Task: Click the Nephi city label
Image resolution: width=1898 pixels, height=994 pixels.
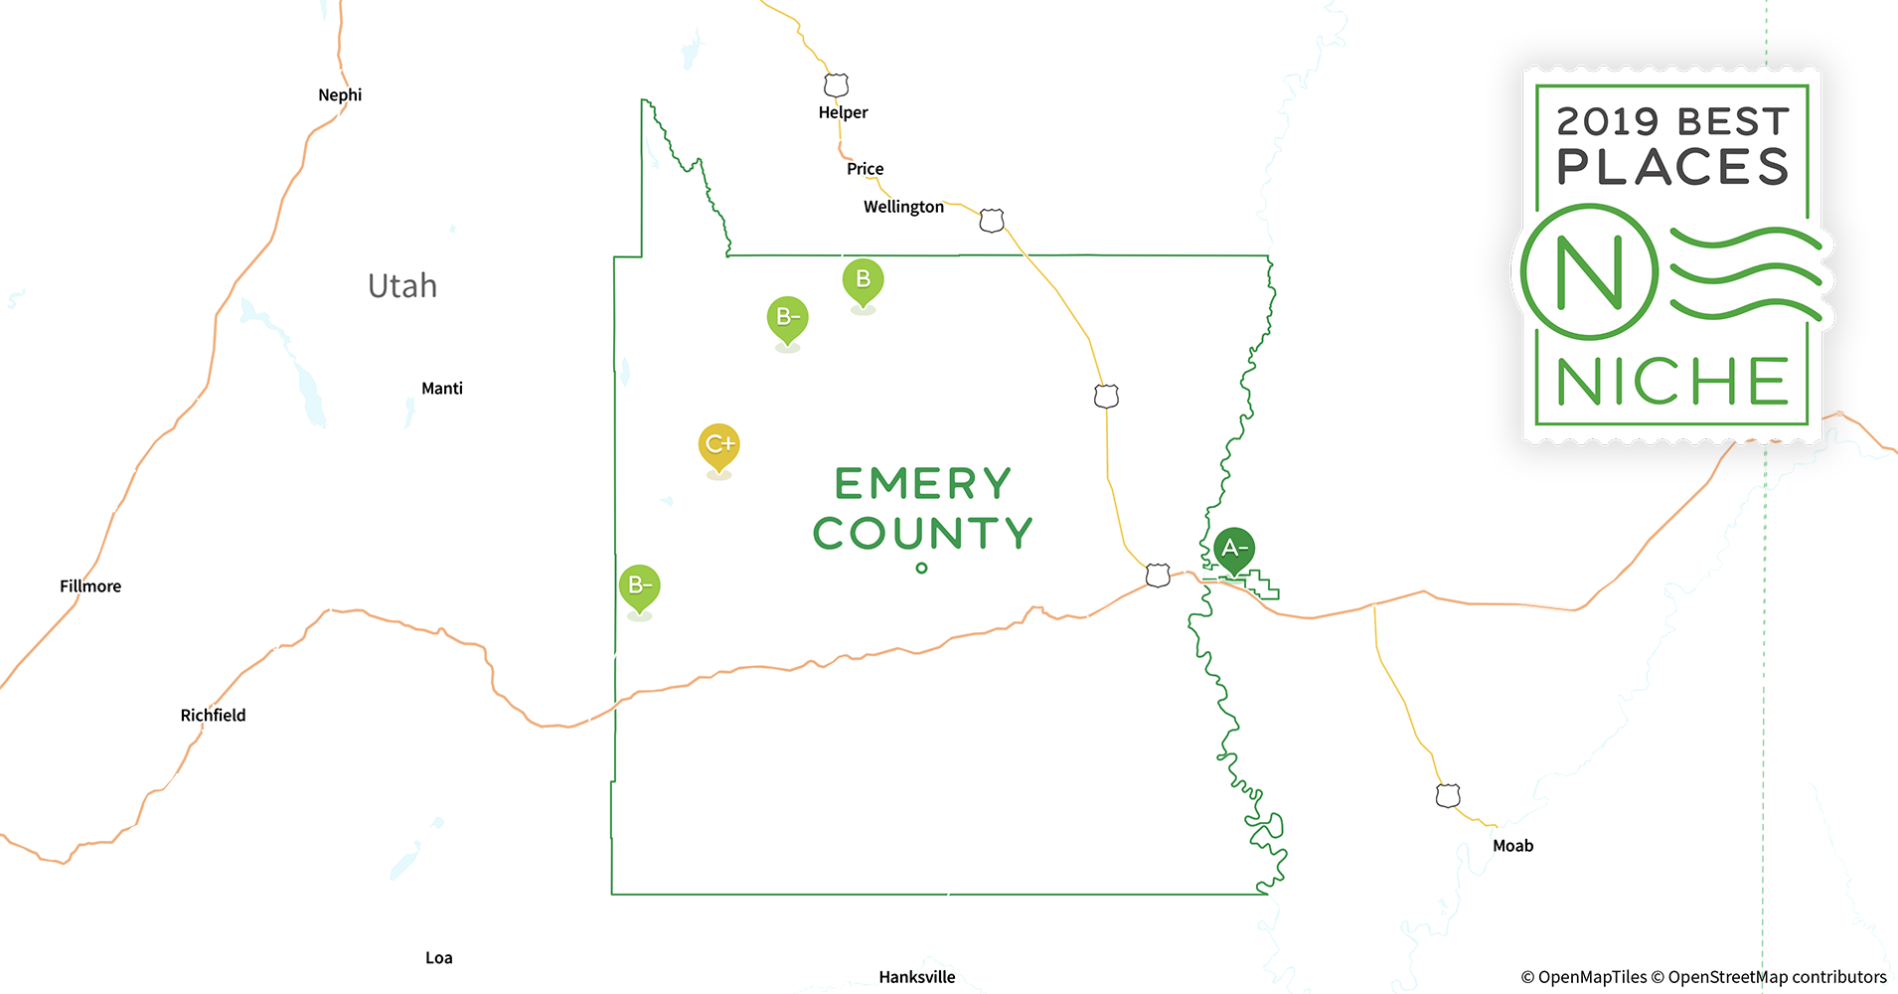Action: tap(340, 95)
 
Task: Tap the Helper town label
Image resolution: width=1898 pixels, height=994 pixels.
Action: tap(843, 112)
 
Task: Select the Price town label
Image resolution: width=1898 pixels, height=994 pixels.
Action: tap(865, 169)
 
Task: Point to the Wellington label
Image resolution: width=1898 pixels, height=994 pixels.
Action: tap(903, 207)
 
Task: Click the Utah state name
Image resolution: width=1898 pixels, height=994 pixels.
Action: tap(402, 286)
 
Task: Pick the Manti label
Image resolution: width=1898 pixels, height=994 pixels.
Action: tap(442, 389)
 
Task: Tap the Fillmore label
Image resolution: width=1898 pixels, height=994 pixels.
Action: tap(90, 586)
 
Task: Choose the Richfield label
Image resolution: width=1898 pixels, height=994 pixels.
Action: tap(213, 716)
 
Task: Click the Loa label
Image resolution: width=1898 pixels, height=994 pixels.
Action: tap(439, 958)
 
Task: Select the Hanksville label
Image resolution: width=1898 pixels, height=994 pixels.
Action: tap(917, 977)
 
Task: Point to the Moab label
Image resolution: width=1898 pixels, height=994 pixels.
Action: tap(1512, 846)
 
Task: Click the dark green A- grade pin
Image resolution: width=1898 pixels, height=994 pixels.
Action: tap(1234, 549)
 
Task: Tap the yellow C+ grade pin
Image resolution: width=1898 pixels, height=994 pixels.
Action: tap(719, 445)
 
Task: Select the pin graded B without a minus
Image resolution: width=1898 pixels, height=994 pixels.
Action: tap(864, 280)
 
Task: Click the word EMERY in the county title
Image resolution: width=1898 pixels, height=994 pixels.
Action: tap(923, 484)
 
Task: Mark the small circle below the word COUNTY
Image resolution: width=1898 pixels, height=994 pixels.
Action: tap(922, 569)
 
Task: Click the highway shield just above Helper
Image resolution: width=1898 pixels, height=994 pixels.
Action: tap(837, 84)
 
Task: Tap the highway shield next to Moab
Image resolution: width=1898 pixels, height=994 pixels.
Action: tap(1448, 795)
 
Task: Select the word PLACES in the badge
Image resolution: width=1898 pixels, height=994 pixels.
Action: tap(1672, 167)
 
